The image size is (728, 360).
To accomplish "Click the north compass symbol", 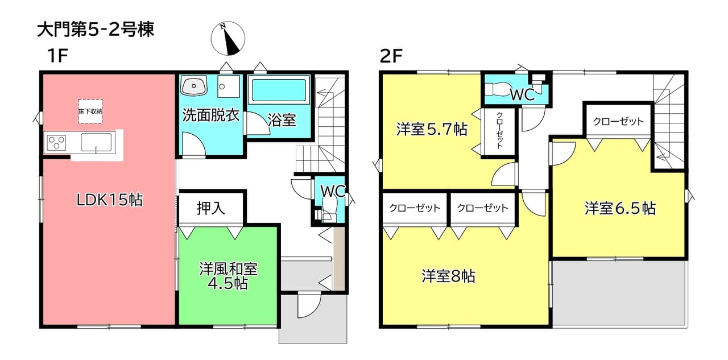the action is [x=228, y=38].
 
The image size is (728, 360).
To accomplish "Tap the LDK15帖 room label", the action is [x=110, y=200].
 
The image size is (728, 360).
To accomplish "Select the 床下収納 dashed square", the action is [x=90, y=111].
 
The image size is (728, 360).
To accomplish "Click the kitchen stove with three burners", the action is [x=57, y=143].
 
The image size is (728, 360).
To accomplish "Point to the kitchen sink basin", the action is [x=96, y=142].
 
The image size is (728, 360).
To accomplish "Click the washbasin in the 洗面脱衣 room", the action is [x=194, y=86].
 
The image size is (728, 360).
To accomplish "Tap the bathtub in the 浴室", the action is [x=279, y=90].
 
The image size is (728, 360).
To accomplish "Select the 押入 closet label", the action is [x=211, y=208].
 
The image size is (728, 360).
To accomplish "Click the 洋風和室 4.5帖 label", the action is [x=228, y=276].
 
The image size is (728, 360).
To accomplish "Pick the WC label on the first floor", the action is [x=333, y=191].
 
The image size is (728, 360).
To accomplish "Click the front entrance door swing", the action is [x=309, y=305].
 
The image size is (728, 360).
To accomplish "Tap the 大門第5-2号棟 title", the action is [x=96, y=30].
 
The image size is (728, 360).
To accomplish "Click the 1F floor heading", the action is [x=57, y=56].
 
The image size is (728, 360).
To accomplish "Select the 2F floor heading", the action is [x=391, y=56].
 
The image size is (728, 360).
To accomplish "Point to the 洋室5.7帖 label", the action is [x=432, y=129].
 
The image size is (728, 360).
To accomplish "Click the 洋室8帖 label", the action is [x=449, y=276].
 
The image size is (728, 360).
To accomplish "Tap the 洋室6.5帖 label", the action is [x=620, y=208].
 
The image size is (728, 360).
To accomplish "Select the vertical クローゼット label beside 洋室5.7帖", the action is [x=499, y=131].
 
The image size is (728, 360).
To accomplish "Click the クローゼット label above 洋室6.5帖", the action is [x=618, y=122].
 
